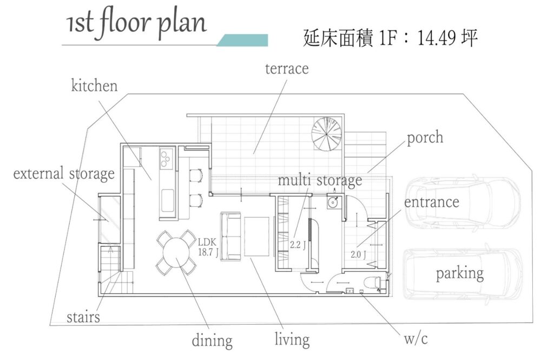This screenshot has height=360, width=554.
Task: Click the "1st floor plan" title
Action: [136, 24]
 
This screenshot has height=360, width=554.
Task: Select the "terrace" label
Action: [287, 69]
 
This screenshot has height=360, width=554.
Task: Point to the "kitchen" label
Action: [94, 86]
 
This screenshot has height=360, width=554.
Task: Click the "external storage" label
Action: [64, 174]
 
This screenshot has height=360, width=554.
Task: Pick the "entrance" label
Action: [431, 202]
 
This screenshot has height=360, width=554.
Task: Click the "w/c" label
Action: [415, 338]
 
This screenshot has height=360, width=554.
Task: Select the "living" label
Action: [292, 339]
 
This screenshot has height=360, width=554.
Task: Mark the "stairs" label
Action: [83, 317]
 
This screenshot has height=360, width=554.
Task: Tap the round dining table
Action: [176, 252]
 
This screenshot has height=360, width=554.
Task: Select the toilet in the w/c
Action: [372, 283]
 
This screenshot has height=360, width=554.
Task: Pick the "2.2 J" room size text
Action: [298, 245]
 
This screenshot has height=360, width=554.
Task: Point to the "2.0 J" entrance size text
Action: [358, 254]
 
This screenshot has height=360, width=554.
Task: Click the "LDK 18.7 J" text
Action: [208, 247]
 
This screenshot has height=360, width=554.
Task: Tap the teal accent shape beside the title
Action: [242, 40]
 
